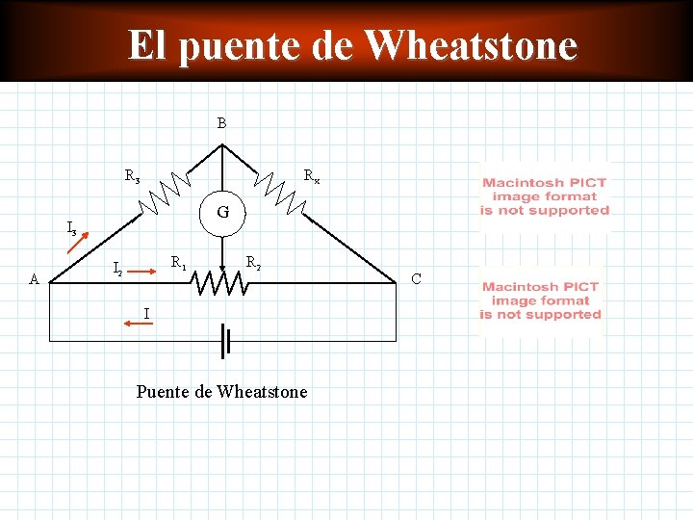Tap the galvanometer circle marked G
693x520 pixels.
tap(222, 211)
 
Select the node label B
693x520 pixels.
tap(221, 123)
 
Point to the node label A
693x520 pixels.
tap(34, 280)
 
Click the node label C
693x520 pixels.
tap(416, 279)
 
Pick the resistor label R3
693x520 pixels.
tap(132, 176)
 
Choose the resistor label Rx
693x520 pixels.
tap(312, 176)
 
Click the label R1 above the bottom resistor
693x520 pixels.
tap(179, 262)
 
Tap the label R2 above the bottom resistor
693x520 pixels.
tap(253, 262)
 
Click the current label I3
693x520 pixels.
tap(72, 229)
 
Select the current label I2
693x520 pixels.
tap(117, 269)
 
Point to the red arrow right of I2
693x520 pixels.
tap(142, 273)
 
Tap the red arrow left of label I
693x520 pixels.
tap(134, 325)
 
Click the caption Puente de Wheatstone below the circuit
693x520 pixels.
tap(221, 391)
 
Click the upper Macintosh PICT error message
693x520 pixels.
tap(545, 196)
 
